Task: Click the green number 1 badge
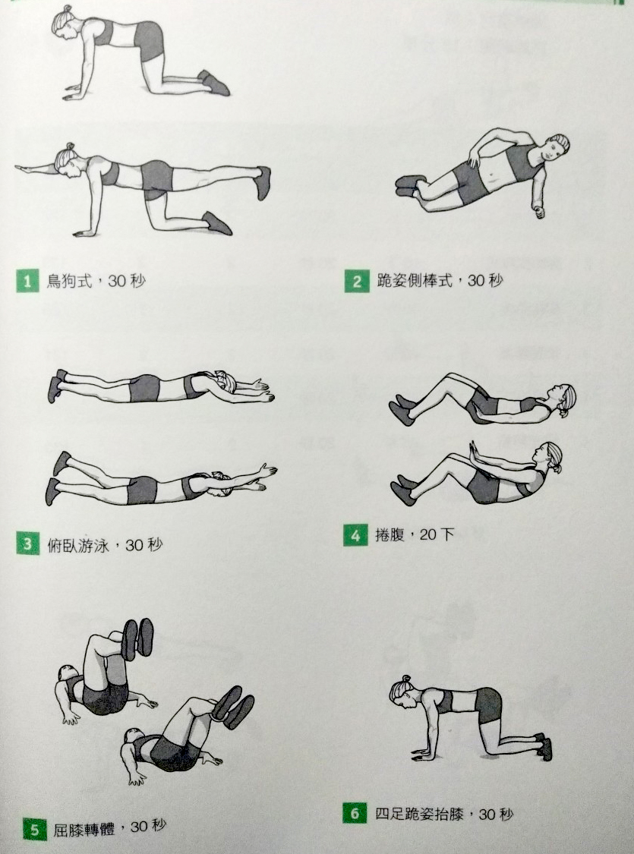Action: (27, 280)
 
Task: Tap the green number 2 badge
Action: (357, 281)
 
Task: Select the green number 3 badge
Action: (28, 544)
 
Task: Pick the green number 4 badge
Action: (355, 535)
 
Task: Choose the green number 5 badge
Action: (35, 829)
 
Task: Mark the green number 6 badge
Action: (355, 814)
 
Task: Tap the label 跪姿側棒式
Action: (415, 280)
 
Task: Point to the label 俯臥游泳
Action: (79, 545)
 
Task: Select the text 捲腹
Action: (390, 535)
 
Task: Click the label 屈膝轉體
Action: (84, 830)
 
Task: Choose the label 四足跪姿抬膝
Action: (419, 814)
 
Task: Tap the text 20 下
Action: (437, 534)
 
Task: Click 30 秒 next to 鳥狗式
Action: (126, 280)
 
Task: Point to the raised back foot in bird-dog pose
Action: (263, 182)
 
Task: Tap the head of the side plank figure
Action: (555, 147)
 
